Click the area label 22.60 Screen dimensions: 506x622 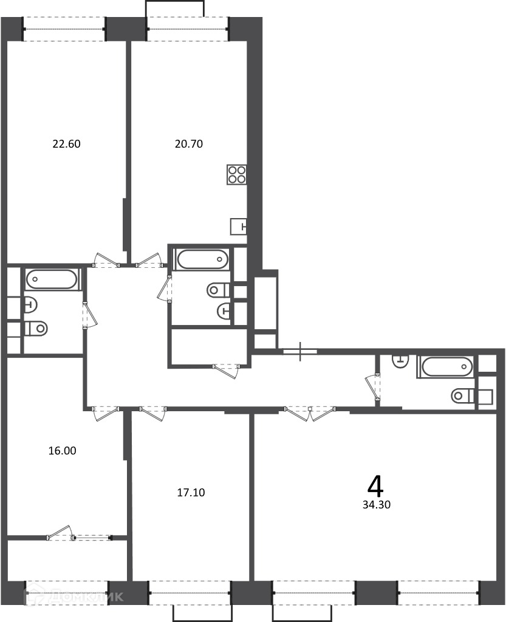[67, 143]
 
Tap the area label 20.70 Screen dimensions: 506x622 [189, 143]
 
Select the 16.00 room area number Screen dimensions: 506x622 [62, 451]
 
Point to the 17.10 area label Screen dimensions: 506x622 [191, 493]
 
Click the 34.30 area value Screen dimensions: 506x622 [377, 505]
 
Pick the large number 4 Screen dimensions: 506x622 [375, 487]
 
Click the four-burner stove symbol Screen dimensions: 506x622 [237, 174]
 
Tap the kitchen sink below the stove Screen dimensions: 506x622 [238, 227]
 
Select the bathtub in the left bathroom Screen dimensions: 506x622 [52, 279]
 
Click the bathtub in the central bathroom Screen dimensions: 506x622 [203, 259]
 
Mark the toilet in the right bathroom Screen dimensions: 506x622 [463, 395]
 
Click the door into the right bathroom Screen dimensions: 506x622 [373, 387]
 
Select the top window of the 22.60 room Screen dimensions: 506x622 [64, 29]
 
